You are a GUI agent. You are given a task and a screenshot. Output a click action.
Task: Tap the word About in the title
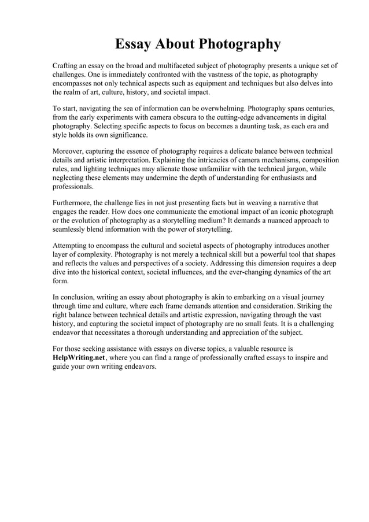pos(176,44)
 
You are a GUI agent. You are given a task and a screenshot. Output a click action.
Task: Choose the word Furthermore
pos(74,203)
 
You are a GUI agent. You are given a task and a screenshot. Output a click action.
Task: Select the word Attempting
pos(72,246)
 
